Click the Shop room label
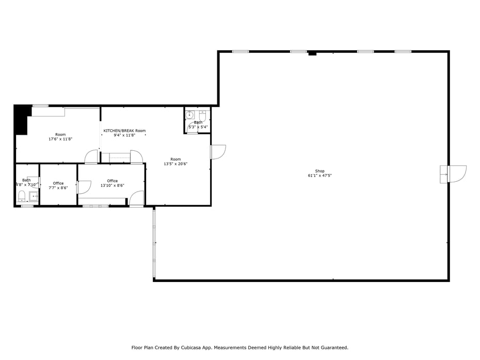tap(320, 171)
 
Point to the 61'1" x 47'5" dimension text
tap(320, 176)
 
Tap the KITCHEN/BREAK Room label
tap(124, 131)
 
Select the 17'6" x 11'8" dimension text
tap(60, 139)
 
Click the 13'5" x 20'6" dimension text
tap(175, 164)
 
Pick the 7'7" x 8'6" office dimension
tap(58, 187)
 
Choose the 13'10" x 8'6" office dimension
tap(112, 185)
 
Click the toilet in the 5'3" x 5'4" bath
tap(202, 116)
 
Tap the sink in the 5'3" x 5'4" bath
tap(189, 115)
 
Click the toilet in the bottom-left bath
tap(22, 196)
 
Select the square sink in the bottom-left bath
tap(34, 196)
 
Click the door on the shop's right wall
tap(456, 174)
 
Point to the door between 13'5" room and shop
tap(218, 152)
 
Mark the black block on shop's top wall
tap(312, 53)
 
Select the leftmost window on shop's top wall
tap(241, 51)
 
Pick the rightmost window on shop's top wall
tap(403, 51)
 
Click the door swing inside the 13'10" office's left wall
tap(84, 187)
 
